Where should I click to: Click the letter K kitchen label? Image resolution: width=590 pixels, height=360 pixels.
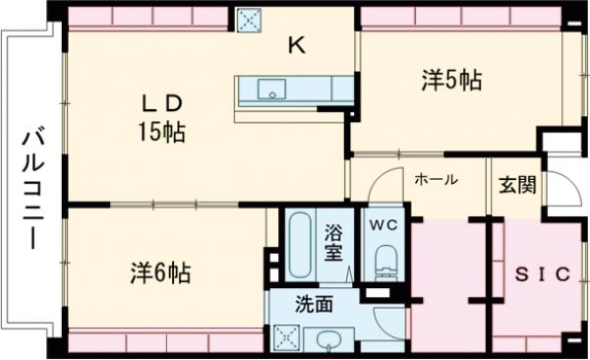pyautogui.click(x=296, y=45)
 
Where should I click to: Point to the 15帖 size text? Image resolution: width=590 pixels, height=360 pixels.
pyautogui.click(x=161, y=131)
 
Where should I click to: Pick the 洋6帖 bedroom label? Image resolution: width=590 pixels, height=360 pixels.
pyautogui.click(x=158, y=272)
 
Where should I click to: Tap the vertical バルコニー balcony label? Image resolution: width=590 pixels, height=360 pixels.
pyautogui.click(x=30, y=187)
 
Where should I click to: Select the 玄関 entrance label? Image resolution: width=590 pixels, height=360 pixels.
pyautogui.click(x=514, y=183)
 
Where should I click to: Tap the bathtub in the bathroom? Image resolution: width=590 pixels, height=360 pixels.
pyautogui.click(x=299, y=246)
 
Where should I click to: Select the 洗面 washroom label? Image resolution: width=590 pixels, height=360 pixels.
pyautogui.click(x=315, y=305)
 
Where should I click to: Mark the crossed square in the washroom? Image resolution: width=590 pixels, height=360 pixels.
pyautogui.click(x=287, y=337)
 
